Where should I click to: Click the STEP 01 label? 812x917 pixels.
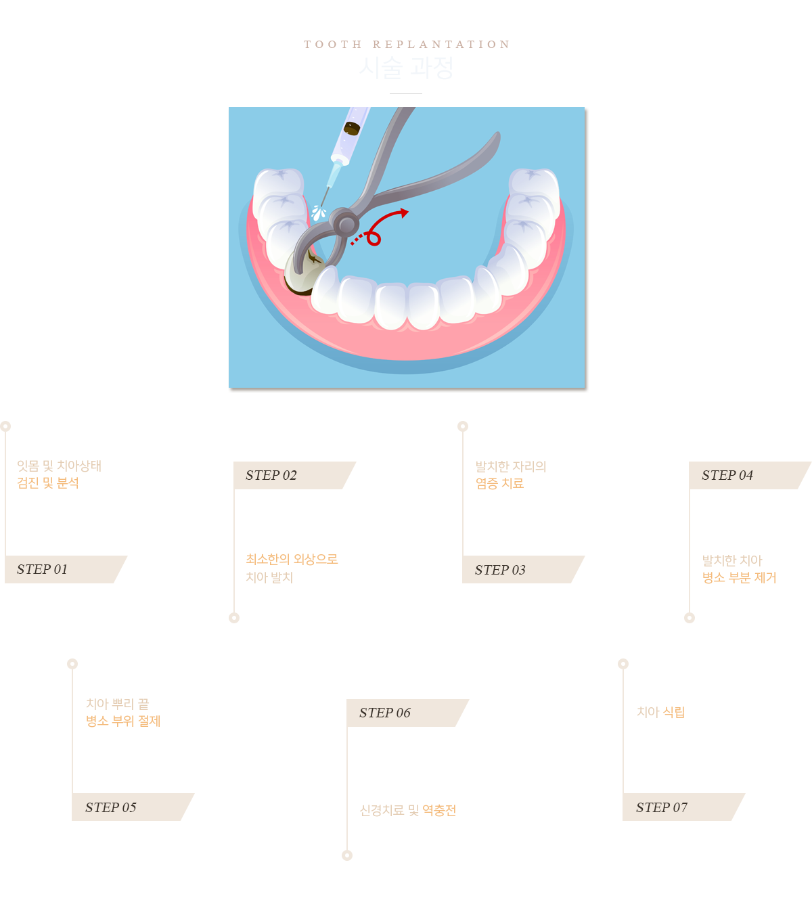43,569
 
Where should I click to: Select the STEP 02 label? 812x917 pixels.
271,475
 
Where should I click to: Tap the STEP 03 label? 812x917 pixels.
500,570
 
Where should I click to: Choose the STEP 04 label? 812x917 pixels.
727,475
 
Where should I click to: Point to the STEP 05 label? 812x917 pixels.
111,807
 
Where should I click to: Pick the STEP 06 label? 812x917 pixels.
385,713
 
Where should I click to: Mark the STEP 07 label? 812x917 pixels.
662,807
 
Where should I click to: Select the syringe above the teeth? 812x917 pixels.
349,139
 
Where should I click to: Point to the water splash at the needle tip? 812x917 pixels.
318,213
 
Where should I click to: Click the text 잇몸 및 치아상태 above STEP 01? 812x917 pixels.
59,466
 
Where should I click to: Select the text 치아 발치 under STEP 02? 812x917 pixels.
269,577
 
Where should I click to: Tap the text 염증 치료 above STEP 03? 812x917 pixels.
500,483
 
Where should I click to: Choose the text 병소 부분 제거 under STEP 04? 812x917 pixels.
738,577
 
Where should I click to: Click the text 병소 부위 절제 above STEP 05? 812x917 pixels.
122,721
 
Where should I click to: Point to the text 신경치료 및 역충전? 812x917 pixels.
409,810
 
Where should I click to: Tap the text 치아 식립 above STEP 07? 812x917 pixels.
660,712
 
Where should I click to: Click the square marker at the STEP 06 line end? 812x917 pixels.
346,855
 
